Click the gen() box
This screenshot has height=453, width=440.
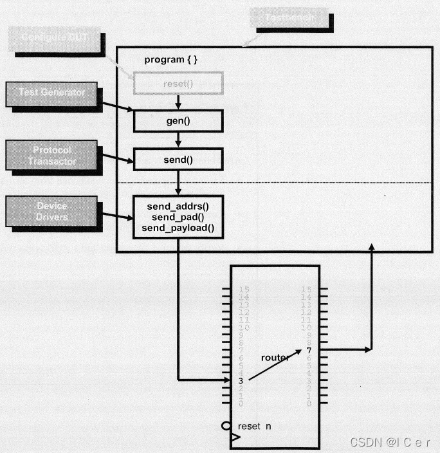178,120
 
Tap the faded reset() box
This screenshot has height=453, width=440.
178,83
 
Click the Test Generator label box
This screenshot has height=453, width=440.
52,94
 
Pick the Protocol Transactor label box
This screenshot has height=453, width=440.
52,155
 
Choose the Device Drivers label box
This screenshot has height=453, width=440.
52,211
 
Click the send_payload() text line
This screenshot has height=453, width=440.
178,228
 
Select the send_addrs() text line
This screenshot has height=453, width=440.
178,207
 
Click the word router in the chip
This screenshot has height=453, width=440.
275,357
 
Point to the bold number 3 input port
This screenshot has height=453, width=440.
241,380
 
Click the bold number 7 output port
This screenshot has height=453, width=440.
309,350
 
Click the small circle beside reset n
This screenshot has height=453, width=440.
226,425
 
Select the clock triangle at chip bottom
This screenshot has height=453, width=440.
235,438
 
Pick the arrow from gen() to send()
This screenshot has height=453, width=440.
178,140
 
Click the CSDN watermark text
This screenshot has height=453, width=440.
389,442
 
